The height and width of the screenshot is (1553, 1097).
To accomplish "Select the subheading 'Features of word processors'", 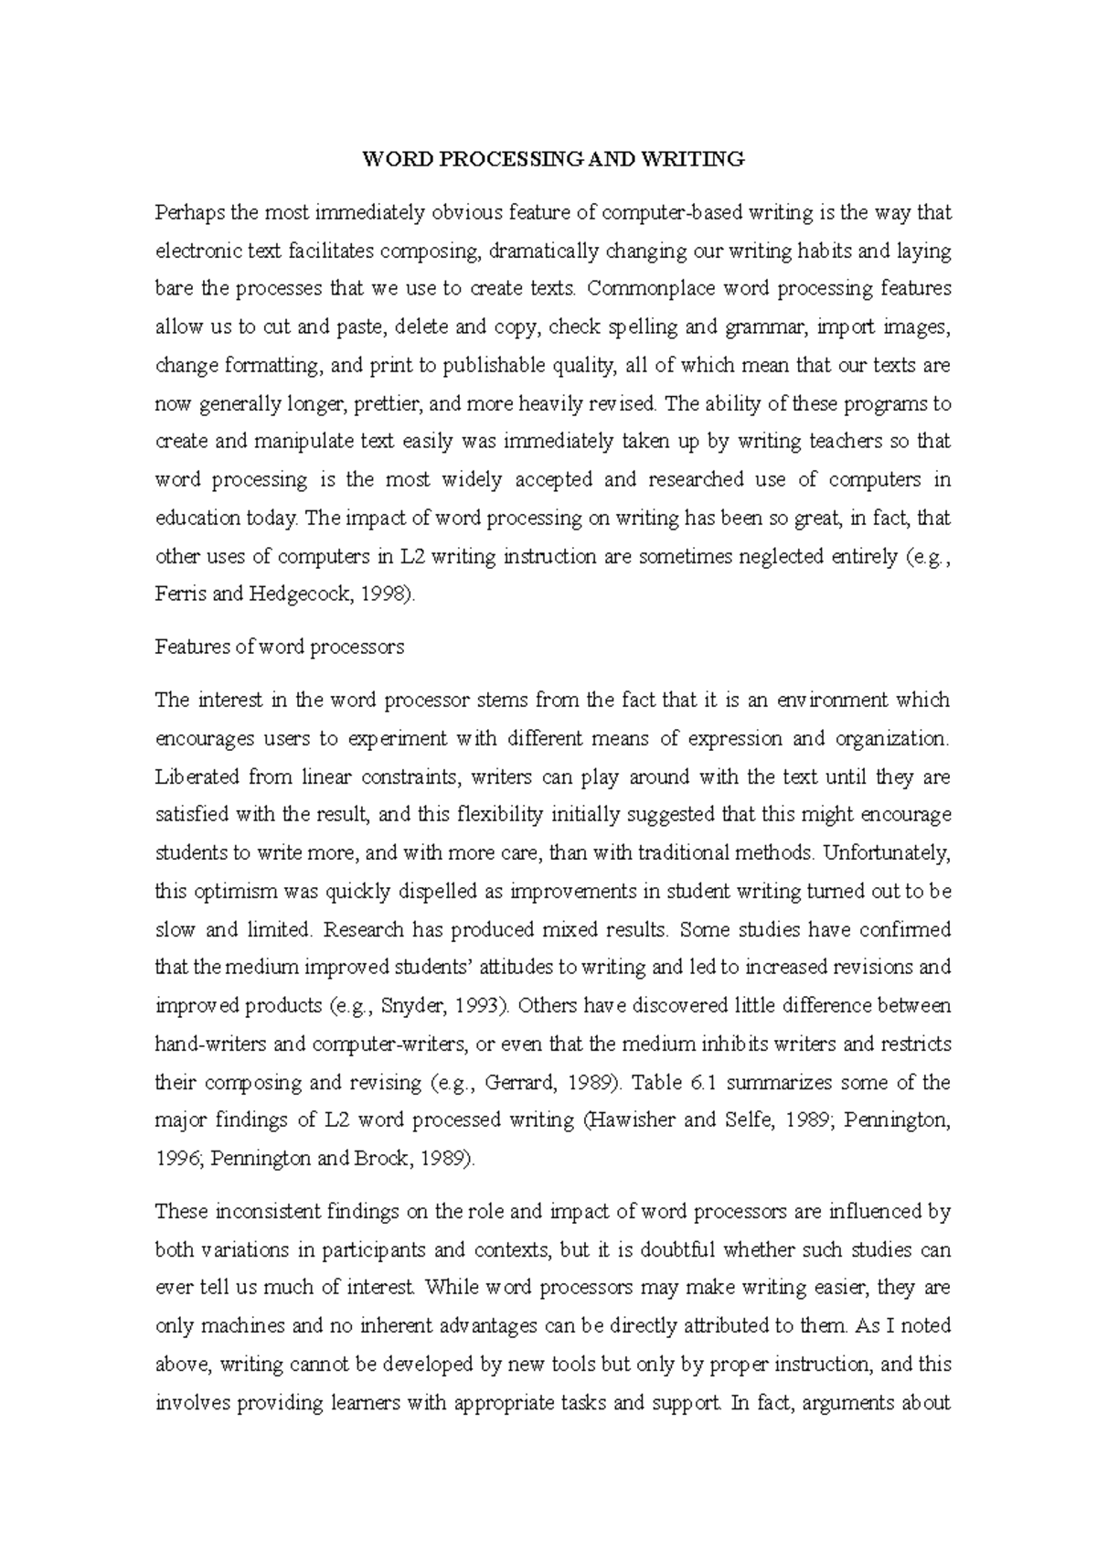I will click(279, 647).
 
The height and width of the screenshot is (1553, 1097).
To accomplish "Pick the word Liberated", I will click(195, 777).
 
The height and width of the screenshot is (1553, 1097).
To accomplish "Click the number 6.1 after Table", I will click(702, 1083).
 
